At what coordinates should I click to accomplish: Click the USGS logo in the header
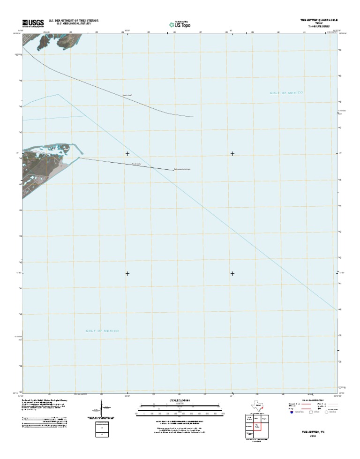click(31, 23)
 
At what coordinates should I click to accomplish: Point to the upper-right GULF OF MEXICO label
click(286, 93)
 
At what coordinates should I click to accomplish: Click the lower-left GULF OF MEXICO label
click(102, 331)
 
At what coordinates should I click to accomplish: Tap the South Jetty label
click(136, 164)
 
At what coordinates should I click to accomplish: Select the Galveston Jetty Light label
click(182, 169)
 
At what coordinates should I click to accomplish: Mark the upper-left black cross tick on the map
click(127, 154)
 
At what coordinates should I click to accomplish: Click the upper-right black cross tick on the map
click(232, 154)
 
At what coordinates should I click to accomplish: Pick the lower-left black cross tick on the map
click(127, 273)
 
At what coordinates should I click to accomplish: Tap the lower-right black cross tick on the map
click(232, 273)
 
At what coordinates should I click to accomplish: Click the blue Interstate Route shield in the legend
click(291, 414)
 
